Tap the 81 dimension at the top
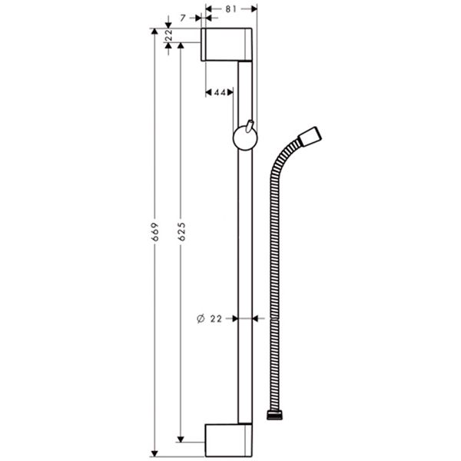pyautogui.click(x=231, y=10)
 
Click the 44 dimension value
pyautogui.click(x=220, y=92)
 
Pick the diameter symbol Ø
pyautogui.click(x=201, y=317)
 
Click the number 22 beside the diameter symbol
pyautogui.click(x=217, y=317)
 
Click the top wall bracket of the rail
pyautogui.click(x=226, y=45)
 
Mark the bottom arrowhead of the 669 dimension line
pyautogui.click(x=154, y=449)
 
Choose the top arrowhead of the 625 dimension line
pyautogui.click(x=181, y=46)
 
